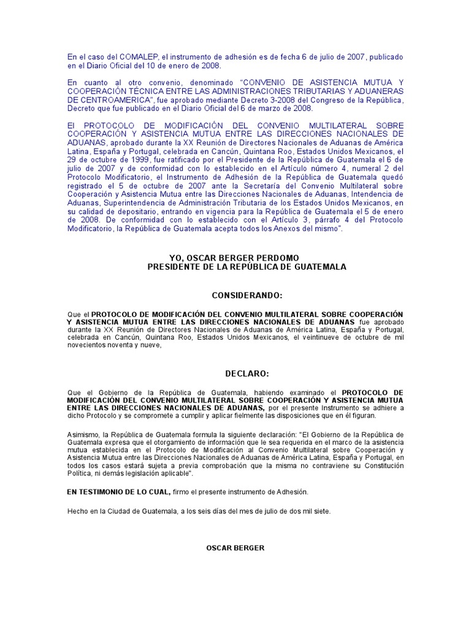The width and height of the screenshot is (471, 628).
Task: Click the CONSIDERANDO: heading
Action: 247,295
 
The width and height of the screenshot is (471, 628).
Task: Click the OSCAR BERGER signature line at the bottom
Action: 235,547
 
